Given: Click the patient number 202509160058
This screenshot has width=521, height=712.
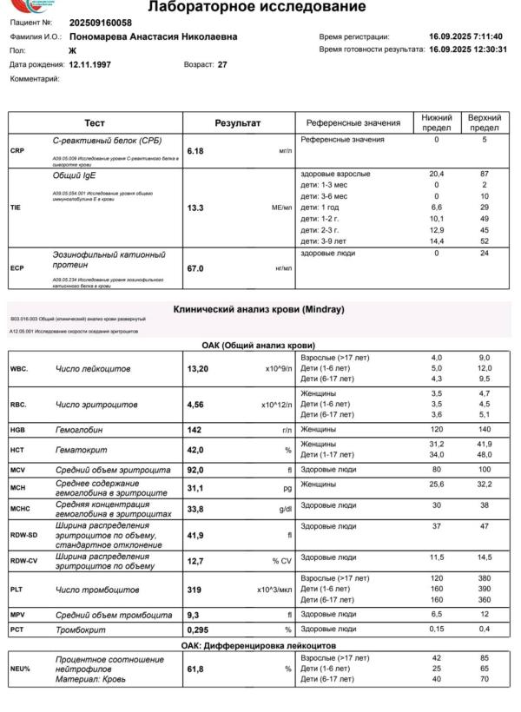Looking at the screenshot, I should point(101,23).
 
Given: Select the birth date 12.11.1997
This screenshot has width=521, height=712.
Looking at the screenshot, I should point(93,64).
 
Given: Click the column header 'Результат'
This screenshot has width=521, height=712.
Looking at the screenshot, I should point(238,123).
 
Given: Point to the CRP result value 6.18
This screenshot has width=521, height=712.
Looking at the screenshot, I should point(195,151).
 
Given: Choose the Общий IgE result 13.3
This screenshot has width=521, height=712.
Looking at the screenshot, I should point(195,208).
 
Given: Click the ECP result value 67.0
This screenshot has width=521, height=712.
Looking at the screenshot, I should point(195,268).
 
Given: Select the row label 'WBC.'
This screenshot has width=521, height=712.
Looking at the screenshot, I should point(20,369).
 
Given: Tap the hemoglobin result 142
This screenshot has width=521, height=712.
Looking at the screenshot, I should point(195,430).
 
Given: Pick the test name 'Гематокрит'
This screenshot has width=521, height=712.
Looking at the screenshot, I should point(84,450).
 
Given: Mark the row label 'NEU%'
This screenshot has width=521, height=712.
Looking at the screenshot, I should point(21,669).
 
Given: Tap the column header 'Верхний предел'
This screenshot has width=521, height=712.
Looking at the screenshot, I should point(484,122).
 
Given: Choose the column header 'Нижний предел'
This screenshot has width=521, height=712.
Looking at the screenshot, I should point(437,122).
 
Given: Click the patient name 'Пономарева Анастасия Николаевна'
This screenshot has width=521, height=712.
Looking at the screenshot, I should point(152,36).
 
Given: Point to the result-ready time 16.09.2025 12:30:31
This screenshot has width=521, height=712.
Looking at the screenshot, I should point(468,49).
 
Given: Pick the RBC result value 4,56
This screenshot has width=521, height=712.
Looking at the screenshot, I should point(195,405).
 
